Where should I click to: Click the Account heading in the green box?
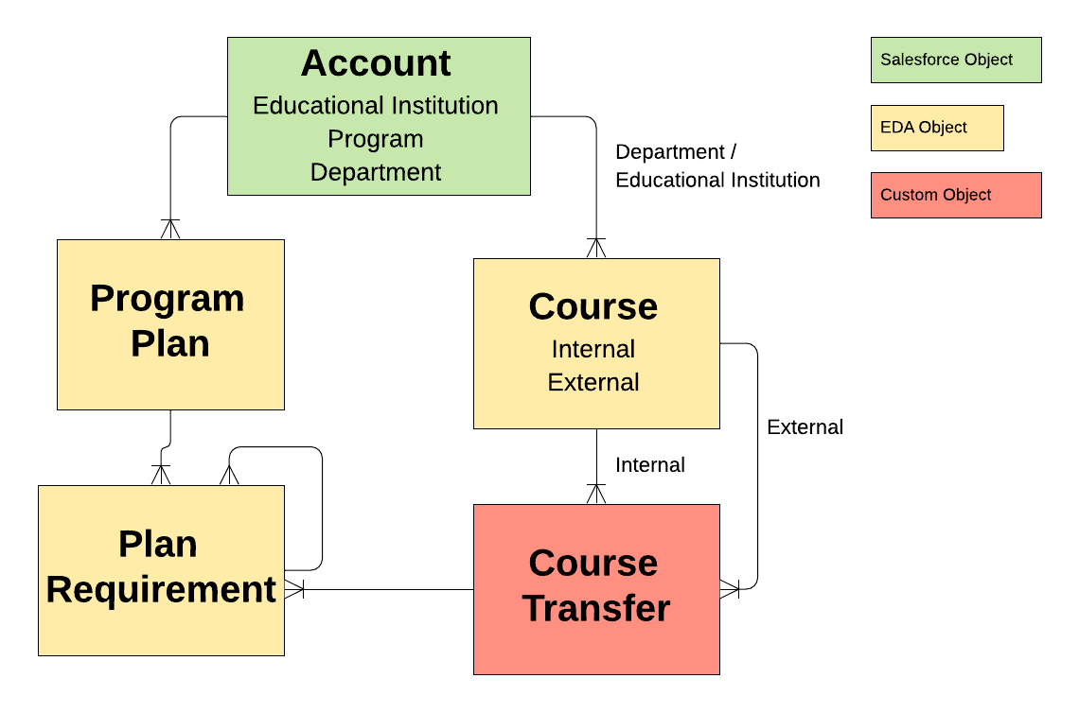pos(376,63)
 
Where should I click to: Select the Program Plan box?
pos(170,323)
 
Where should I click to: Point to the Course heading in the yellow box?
pos(593,306)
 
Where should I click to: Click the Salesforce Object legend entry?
pos(955,60)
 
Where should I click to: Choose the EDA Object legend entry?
pos(936,128)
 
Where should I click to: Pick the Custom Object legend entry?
pos(955,195)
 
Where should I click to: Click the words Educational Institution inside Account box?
pos(376,105)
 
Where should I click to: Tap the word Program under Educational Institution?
pos(376,139)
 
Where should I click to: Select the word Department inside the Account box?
pos(376,172)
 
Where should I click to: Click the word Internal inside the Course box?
pos(593,349)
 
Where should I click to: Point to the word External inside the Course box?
pos(593,382)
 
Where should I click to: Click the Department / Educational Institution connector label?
pos(716,165)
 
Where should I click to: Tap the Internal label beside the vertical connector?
pos(650,465)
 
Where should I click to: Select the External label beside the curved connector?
pos(805,427)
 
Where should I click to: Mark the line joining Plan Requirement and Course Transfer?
pos(379,589)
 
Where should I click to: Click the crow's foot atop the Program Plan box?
pos(170,229)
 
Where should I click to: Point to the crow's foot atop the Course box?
pos(595,248)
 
